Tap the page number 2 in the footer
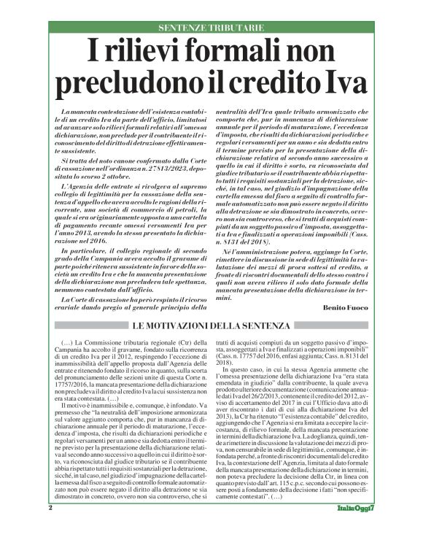50,528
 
